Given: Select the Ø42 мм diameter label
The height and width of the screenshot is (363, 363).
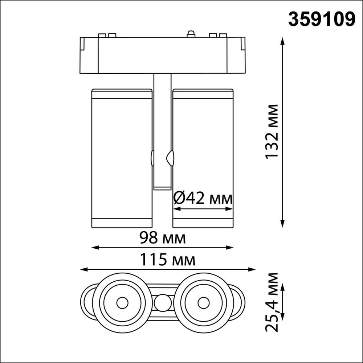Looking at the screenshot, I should point(203,199).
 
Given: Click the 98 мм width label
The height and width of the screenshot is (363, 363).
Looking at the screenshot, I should point(162,238).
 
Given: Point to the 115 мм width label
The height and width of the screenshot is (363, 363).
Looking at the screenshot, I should point(168,260).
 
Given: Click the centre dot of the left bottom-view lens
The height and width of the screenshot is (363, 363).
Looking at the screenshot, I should point(122,302).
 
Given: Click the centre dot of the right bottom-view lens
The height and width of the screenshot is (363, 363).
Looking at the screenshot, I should point(203,302).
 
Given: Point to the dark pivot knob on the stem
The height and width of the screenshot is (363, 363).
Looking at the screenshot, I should point(170,158).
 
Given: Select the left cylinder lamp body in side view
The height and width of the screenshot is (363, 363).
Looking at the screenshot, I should point(122,159).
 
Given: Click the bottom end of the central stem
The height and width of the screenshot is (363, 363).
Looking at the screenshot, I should point(162,188).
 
